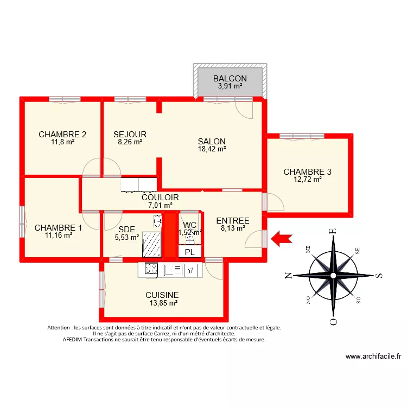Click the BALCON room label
[x=230, y=78]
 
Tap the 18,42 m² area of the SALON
[x=211, y=149]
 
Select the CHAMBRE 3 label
[x=307, y=172]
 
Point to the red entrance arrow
[x=282, y=238]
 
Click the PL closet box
[x=189, y=252]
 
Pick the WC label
[x=190, y=225]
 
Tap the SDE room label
[x=126, y=229]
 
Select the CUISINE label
[x=162, y=295]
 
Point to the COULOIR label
[x=160, y=198]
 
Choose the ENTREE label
[x=233, y=221]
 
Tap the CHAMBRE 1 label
[x=58, y=228]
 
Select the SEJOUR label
[x=130, y=135]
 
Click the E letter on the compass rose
[x=334, y=232]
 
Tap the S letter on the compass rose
[x=380, y=276]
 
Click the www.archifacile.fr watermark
[x=373, y=357]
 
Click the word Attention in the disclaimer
[x=62, y=328]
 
